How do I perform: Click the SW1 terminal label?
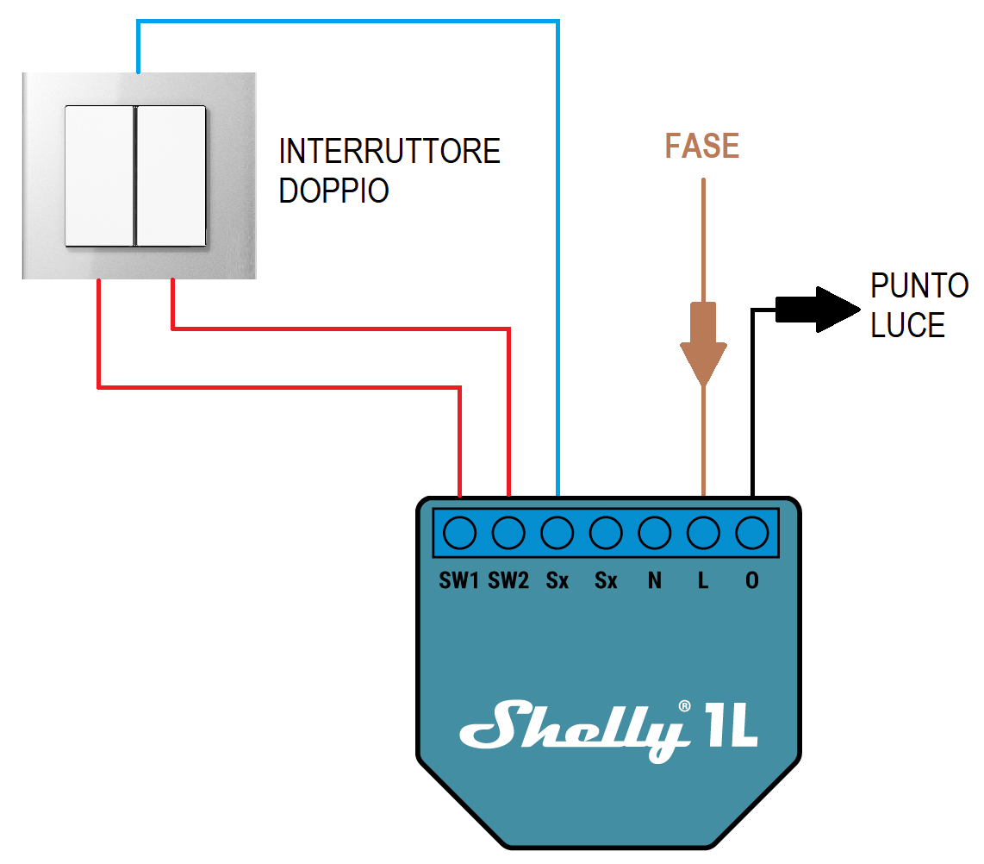pos(458,581)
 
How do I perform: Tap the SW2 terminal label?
pos(508,581)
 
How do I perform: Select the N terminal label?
pos(655,581)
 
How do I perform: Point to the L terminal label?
pos(703,581)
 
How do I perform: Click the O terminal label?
pos(752,581)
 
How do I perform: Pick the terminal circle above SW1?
pos(460,533)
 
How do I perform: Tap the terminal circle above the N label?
pos(655,533)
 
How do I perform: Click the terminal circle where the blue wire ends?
pos(557,533)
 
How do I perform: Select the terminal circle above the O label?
pos(752,533)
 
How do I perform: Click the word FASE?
pos(702,147)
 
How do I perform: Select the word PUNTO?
pos(919,285)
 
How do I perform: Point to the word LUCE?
pos(908,325)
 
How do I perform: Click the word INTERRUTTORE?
pos(389,151)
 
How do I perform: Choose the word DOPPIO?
pos(334,191)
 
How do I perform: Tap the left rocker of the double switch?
pos(100,175)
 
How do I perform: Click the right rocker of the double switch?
pos(171,175)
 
